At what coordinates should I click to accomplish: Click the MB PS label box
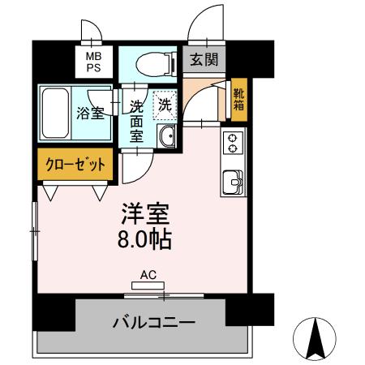pyautogui.click(x=93, y=61)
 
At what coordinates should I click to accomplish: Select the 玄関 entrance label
pyautogui.click(x=204, y=59)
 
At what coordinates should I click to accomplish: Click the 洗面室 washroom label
pyautogui.click(x=136, y=120)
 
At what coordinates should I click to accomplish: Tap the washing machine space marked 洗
pyautogui.click(x=165, y=105)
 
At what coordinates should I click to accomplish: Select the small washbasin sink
pyautogui.click(x=168, y=136)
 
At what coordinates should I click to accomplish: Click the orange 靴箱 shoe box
pyautogui.click(x=239, y=97)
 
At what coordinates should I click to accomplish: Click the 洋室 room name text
pyautogui.click(x=146, y=214)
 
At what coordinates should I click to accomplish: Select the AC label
pyautogui.click(x=148, y=275)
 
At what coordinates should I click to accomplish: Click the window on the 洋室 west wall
pyautogui.click(x=34, y=231)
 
